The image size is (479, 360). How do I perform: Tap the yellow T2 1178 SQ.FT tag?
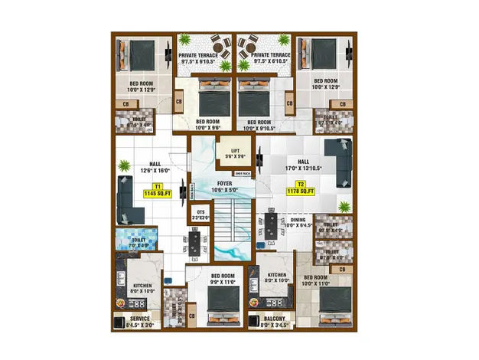pos(301,188)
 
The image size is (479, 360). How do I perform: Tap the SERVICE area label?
pos(140,322)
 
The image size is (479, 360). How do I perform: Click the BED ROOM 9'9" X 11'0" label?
pos(223,280)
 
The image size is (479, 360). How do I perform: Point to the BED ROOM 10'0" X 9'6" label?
pos(208,124)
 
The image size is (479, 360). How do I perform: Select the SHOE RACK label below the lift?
pos(243,173)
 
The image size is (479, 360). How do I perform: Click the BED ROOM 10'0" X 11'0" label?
pos(315,280)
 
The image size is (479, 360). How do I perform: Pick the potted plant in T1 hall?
pos(123,163)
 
